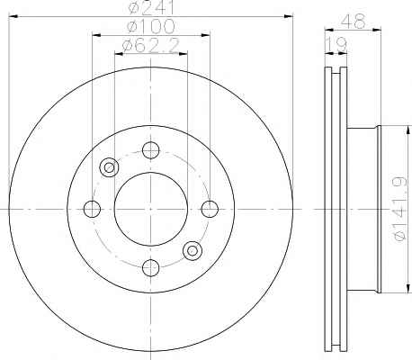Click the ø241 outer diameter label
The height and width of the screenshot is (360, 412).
coord(151,7)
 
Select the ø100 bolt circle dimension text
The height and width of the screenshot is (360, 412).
coord(150,26)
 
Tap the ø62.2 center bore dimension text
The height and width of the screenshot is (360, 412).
coord(151,45)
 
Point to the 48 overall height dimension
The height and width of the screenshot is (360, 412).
coord(354,22)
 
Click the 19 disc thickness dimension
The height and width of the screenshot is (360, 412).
coord(336,45)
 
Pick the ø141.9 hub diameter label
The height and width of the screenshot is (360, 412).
coord(400,209)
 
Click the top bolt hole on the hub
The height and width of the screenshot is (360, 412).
coord(150,150)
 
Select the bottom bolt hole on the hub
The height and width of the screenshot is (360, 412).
coord(150,267)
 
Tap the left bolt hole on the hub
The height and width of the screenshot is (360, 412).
coord(92,209)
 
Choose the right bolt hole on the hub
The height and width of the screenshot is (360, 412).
coord(210,209)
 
